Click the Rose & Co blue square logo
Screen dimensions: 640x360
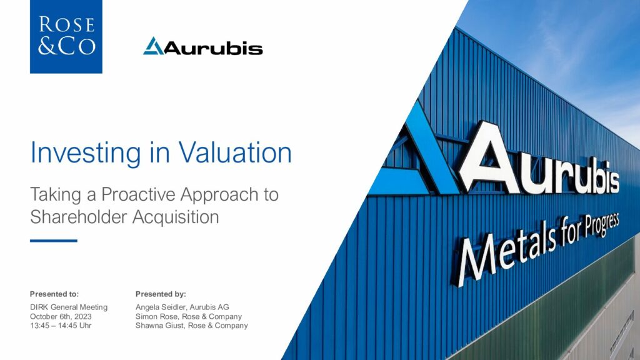[x=66, y=37]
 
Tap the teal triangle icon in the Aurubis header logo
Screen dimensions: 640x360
[x=153, y=46]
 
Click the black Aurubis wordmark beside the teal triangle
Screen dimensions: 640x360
[x=213, y=47]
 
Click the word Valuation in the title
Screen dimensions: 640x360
[x=235, y=152]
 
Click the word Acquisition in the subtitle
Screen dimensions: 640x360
[x=176, y=217]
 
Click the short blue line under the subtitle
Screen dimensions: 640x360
[x=54, y=241]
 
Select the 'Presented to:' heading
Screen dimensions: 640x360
[x=54, y=294]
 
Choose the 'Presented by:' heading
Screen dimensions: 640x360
[x=161, y=294]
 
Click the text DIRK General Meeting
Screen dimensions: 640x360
[x=69, y=307]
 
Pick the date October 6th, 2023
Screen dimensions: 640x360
[x=61, y=316]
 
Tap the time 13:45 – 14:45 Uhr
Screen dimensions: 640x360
[x=61, y=325]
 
